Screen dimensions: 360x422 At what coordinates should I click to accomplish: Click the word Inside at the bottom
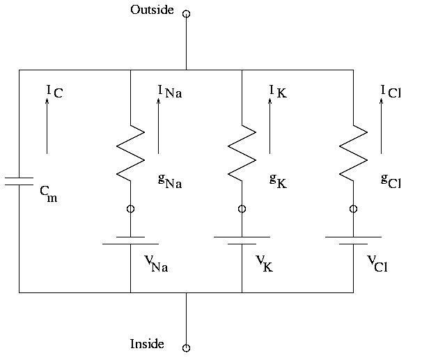click(147, 344)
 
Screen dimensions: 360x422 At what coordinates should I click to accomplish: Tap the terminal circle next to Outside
click(186, 13)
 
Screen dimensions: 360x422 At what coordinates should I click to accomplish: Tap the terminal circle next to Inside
click(186, 347)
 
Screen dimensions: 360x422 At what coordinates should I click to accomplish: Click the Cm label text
click(48, 193)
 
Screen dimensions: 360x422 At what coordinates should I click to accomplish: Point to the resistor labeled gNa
click(130, 154)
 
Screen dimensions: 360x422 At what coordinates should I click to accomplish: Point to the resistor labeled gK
click(242, 154)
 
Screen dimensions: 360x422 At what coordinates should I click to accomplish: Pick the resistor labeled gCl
click(353, 154)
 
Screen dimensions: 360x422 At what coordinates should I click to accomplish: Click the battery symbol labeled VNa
click(130, 240)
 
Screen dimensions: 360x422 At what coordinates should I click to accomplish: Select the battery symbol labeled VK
click(242, 240)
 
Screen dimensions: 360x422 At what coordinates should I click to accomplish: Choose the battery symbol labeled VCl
click(353, 240)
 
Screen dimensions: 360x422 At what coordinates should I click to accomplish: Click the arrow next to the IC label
click(47, 125)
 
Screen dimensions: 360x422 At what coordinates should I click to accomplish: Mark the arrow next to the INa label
click(158, 125)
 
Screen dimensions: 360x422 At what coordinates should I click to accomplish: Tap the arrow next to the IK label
click(269, 125)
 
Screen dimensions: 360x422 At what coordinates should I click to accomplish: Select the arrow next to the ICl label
click(381, 125)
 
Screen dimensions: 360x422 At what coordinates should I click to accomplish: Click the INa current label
click(170, 91)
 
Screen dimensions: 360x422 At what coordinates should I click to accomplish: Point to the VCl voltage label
click(377, 263)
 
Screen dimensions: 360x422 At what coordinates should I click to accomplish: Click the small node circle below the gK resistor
click(242, 209)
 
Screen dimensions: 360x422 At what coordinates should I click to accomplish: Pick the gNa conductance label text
click(169, 182)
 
